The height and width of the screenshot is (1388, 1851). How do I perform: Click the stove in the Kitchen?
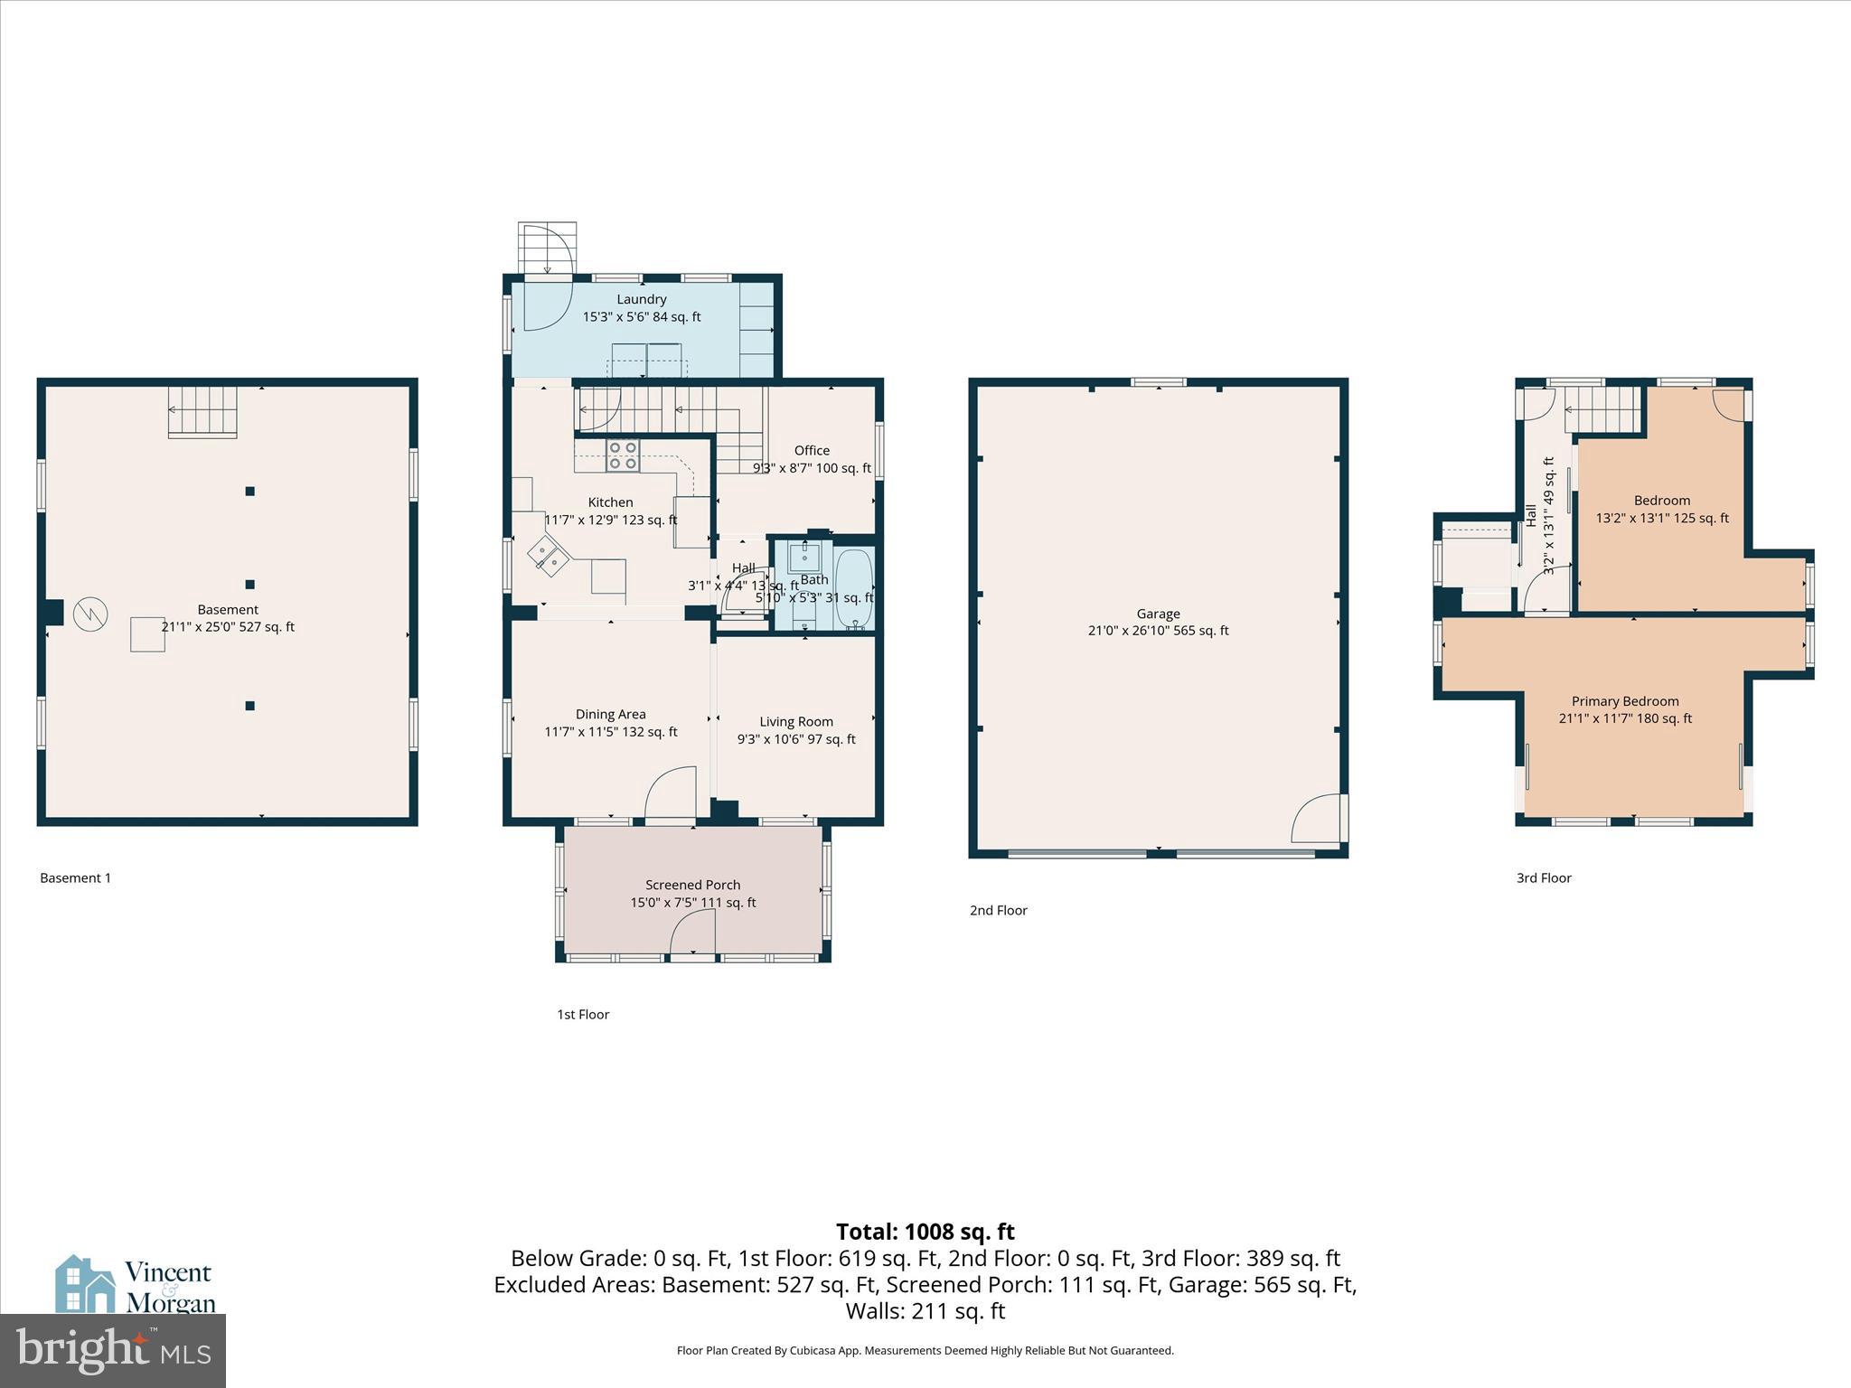pyautogui.click(x=622, y=455)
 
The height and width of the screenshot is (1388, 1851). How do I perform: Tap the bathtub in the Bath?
pyautogui.click(x=853, y=589)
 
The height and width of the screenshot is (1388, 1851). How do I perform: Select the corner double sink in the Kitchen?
pyautogui.click(x=549, y=556)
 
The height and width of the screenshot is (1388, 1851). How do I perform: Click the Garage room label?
pyautogui.click(x=1158, y=614)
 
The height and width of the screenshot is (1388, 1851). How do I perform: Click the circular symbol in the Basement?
pyautogui.click(x=90, y=614)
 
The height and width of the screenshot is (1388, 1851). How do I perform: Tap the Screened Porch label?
pyautogui.click(x=692, y=885)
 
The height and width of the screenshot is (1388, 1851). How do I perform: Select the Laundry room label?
pyautogui.click(x=642, y=299)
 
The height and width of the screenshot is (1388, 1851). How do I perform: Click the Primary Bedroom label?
pyautogui.click(x=1624, y=701)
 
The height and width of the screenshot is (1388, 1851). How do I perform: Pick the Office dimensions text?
pyautogui.click(x=812, y=468)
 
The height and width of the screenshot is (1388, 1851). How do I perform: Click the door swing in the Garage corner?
pyautogui.click(x=1316, y=820)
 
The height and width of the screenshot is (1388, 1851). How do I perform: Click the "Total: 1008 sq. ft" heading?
pyautogui.click(x=925, y=1232)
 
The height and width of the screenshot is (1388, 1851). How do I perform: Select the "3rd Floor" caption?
pyautogui.click(x=1544, y=877)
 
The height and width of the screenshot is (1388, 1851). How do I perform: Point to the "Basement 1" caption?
pyautogui.click(x=76, y=877)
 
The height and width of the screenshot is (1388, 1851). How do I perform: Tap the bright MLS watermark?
pyautogui.click(x=113, y=1350)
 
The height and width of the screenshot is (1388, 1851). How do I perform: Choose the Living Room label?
pyautogui.click(x=795, y=721)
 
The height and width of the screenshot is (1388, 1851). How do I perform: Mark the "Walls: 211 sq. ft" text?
pyautogui.click(x=925, y=1310)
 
